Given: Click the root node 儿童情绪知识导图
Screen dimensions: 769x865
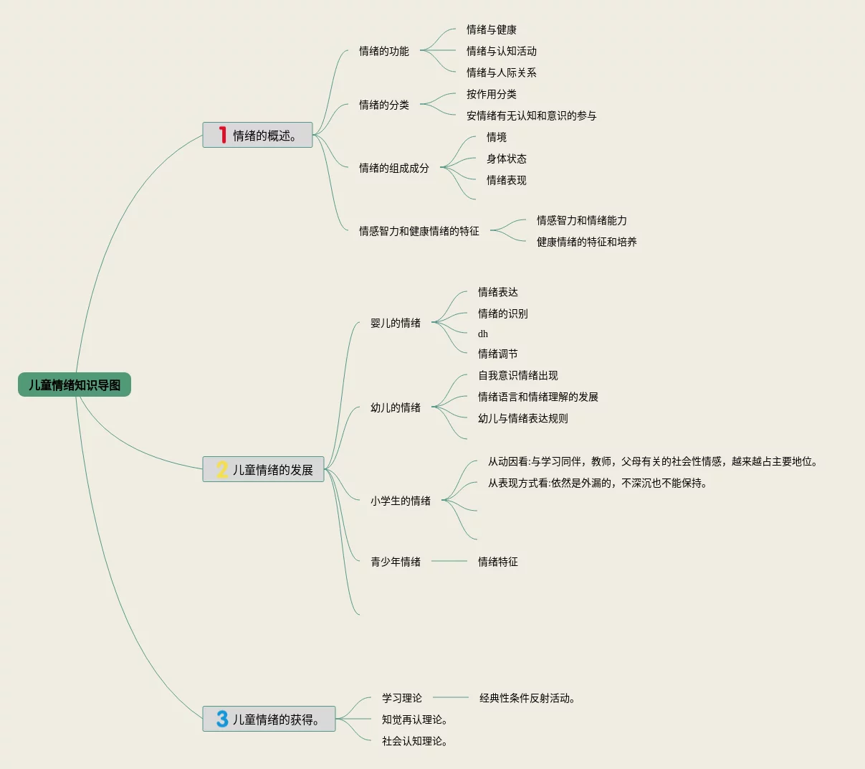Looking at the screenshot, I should coord(75,384).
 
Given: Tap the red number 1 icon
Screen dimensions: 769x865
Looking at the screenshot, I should coord(223,135).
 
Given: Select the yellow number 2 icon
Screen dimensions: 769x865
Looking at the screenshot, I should coord(222,470).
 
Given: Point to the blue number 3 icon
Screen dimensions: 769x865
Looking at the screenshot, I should coord(222,719).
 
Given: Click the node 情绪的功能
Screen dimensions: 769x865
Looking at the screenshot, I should coord(384,51).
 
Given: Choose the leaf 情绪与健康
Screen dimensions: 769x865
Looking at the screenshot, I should coord(492,29).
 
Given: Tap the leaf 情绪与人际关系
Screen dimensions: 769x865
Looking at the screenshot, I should coord(502,72).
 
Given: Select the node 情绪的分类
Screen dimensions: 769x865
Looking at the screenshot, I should coord(384,105).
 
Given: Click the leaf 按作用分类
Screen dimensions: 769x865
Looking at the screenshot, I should coord(492,94).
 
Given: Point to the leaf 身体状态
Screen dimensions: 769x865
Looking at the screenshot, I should coord(507,159).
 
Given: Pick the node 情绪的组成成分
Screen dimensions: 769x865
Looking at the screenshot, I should coord(394,168).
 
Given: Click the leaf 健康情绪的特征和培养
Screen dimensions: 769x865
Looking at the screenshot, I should coord(587,242).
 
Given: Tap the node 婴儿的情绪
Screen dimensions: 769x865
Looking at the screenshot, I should coord(396,323).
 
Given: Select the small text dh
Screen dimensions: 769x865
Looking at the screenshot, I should coord(483,334).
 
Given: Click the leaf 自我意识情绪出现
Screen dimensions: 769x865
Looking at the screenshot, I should coord(518,375).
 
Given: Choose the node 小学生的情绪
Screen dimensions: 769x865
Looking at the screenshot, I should coord(401,501).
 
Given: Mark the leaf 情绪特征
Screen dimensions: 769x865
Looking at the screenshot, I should coord(498,562).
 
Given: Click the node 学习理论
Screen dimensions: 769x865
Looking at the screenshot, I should coord(402,698).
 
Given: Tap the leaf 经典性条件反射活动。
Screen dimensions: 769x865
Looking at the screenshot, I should coord(528,698).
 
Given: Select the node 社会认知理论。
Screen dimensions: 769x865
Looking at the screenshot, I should coord(416,741).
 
